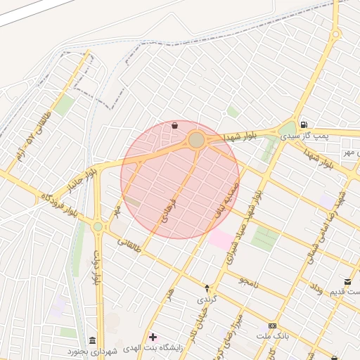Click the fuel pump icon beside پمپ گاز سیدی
(303, 124)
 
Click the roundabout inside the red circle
(197, 140)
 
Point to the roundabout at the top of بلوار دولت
(97, 226)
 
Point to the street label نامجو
(247, 281)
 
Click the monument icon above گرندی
(207, 288)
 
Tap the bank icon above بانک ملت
(272, 326)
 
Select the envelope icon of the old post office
(347, 282)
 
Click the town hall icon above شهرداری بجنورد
(93, 340)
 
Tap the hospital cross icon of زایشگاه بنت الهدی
(153, 337)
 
